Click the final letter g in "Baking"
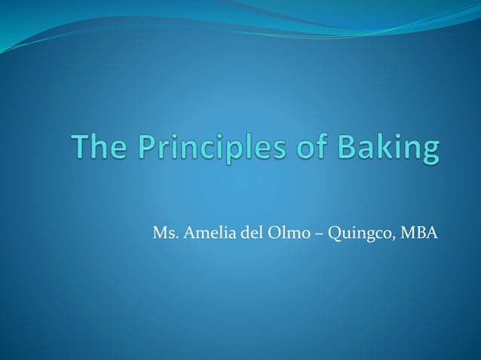tap(427, 151)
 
